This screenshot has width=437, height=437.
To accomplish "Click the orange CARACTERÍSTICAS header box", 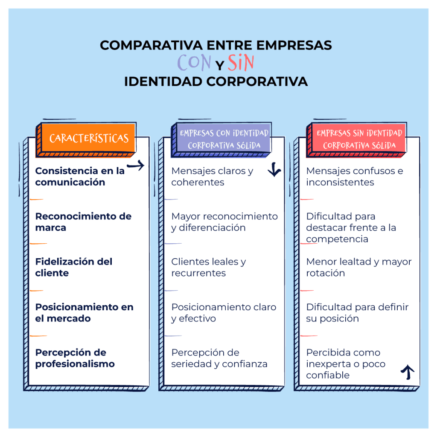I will (89, 138).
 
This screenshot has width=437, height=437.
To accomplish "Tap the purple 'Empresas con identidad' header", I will (224, 139).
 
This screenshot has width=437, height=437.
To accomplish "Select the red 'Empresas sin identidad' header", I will (359, 139).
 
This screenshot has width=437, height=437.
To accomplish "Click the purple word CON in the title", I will (194, 63).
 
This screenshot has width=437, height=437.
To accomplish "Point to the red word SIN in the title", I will (241, 63).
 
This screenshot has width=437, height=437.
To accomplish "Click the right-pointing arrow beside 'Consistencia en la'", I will (136, 166).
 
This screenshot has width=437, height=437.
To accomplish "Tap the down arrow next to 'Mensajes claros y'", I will (274, 171).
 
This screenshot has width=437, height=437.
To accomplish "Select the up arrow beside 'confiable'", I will (408, 373).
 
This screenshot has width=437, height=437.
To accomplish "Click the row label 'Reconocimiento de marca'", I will (83, 222).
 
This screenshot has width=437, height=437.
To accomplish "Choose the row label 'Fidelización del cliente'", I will (73, 267).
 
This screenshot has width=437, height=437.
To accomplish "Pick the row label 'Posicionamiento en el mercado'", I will (84, 313).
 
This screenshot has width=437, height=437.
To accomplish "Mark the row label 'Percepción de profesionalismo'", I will (75, 358).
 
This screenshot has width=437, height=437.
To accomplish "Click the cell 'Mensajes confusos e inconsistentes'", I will (354, 177).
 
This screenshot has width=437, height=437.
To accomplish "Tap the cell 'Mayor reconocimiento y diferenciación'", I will (224, 222).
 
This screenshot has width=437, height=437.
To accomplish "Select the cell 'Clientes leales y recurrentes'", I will (208, 267).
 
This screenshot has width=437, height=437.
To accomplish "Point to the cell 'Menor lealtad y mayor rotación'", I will (358, 267).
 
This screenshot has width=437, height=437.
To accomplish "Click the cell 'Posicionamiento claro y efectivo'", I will (224, 313).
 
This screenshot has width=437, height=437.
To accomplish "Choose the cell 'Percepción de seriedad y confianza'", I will (219, 358).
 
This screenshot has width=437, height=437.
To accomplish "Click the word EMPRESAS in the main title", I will (294, 45).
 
